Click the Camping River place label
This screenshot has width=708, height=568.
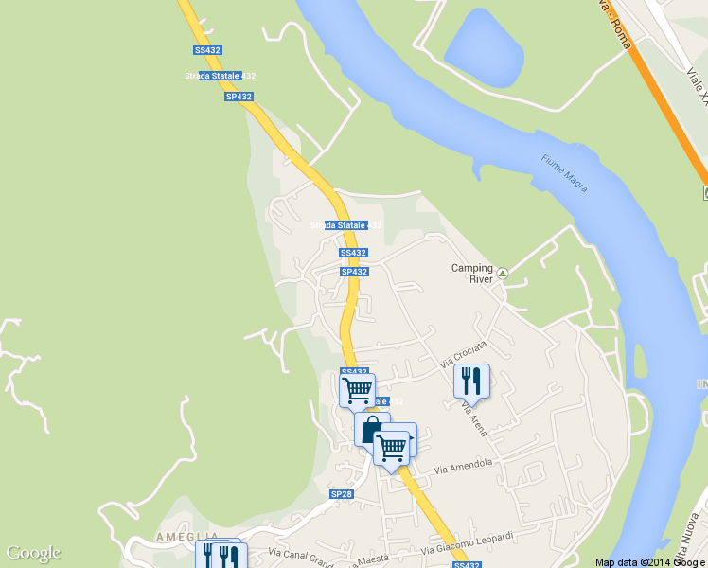click(471, 274)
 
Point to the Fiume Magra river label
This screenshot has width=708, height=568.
click(564, 173)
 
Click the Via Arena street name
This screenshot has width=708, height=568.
click(474, 417)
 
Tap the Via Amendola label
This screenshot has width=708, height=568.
click(465, 466)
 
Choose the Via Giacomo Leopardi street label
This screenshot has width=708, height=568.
click(468, 543)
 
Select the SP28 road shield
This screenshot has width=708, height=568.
click(341, 494)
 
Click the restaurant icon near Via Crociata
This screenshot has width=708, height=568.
click(471, 381)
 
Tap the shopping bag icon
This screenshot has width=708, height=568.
click(372, 429)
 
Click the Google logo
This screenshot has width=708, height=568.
click(33, 553)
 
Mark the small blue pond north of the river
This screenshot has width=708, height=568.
click(483, 49)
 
